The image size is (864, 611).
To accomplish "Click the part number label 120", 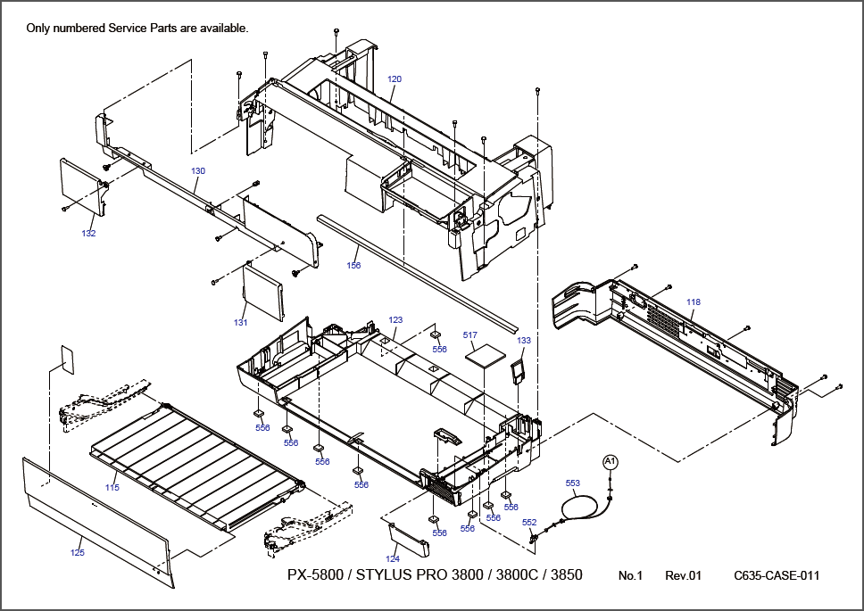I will point(395,79).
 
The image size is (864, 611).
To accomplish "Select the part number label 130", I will point(198,170).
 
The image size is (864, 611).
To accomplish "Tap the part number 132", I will point(88,234).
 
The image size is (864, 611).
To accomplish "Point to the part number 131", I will point(240,323).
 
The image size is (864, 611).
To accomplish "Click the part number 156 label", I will point(354,265).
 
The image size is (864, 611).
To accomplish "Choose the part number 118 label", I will point(694,302).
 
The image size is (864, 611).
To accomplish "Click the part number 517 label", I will point(469,335).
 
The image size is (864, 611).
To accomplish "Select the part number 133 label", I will point(524,341).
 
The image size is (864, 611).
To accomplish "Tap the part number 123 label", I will point(395,319).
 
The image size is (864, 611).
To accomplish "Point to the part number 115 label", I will point(112,487).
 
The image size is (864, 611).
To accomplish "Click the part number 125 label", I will point(78,553).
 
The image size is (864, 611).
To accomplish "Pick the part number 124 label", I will point(393,558).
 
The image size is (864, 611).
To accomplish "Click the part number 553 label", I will point(573,483).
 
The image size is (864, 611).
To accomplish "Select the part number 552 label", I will point(529,523).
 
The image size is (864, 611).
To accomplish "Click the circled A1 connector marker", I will point(611,461).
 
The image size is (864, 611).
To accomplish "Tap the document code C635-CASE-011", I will point(777,575).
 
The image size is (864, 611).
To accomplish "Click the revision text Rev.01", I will point(684,575).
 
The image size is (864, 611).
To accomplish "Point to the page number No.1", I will point(630,575).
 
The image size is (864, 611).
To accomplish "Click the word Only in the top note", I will point(38,28).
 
